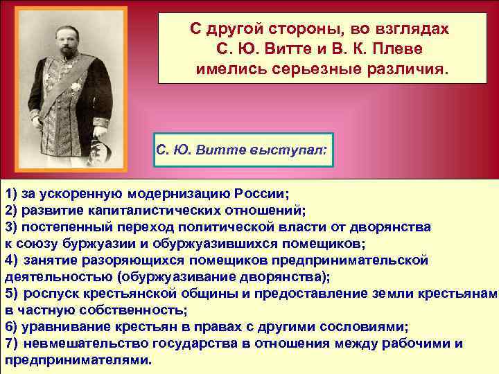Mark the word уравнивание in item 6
pyautogui.click(x=63, y=326)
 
